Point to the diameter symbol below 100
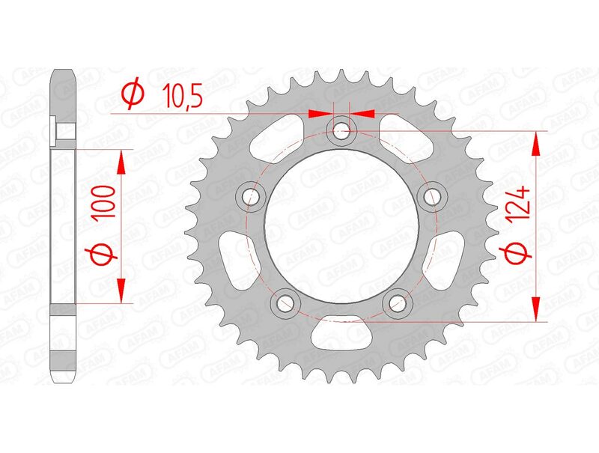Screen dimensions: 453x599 click(105, 256)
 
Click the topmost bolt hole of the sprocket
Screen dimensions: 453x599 click(341, 132)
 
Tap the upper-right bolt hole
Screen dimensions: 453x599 click(432, 197)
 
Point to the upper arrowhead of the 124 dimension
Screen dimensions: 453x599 click(536, 142)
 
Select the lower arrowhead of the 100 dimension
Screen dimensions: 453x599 click(121, 291)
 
